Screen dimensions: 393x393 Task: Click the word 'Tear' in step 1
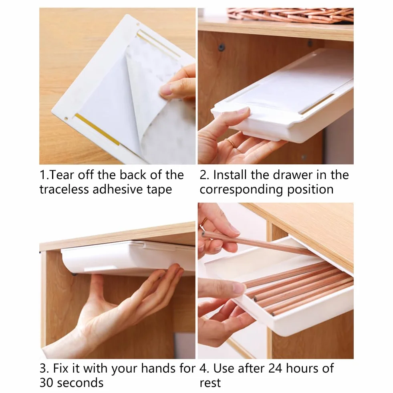[x=62, y=175]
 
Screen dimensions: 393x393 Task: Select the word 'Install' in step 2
[x=230, y=175]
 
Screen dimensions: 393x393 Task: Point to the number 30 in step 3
[x=47, y=383]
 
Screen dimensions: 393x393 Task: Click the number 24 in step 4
[x=275, y=369]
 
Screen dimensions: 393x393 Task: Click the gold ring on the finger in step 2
[x=231, y=143]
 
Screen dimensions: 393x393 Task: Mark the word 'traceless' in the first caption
[x=64, y=189]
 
